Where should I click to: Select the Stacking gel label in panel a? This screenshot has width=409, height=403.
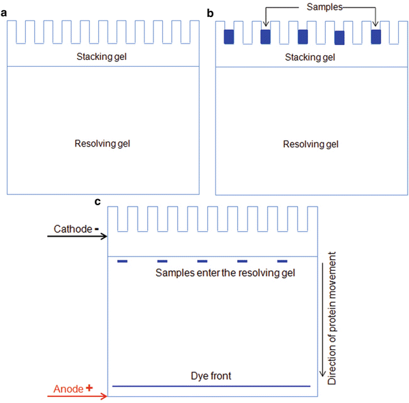click(102, 56)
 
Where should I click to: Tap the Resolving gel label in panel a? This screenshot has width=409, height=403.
click(102, 143)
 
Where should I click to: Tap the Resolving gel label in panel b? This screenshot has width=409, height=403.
click(310, 144)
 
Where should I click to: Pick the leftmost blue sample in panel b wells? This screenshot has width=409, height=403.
click(229, 37)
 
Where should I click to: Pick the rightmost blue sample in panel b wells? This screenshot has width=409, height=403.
click(376, 37)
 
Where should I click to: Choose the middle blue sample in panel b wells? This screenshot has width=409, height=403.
click(303, 37)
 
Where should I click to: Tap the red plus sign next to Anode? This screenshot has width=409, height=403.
click(89, 387)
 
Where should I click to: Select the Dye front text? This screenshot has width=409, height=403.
click(211, 376)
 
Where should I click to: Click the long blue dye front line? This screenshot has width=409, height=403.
click(211, 386)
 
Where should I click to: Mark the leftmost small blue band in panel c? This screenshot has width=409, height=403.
click(123, 261)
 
